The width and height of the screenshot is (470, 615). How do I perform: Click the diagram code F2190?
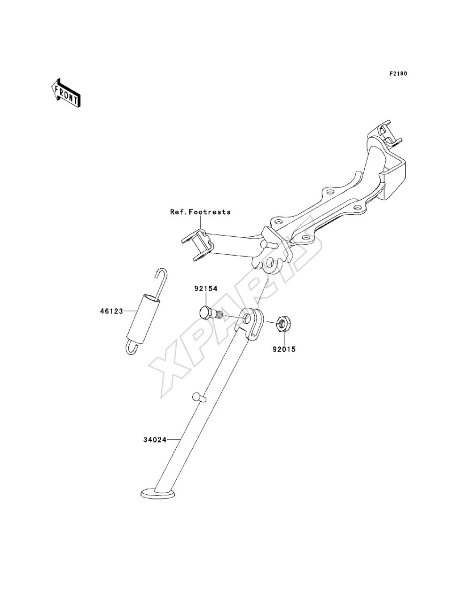(398, 74)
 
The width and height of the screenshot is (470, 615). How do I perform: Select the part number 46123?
(111, 311)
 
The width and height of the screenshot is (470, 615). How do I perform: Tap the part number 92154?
(206, 288)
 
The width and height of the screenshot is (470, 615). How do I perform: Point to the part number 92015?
(284, 350)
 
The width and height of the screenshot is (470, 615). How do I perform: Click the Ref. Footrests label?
(200, 212)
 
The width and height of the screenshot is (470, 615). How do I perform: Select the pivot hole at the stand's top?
(247, 318)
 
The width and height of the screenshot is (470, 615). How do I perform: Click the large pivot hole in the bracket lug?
(270, 263)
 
